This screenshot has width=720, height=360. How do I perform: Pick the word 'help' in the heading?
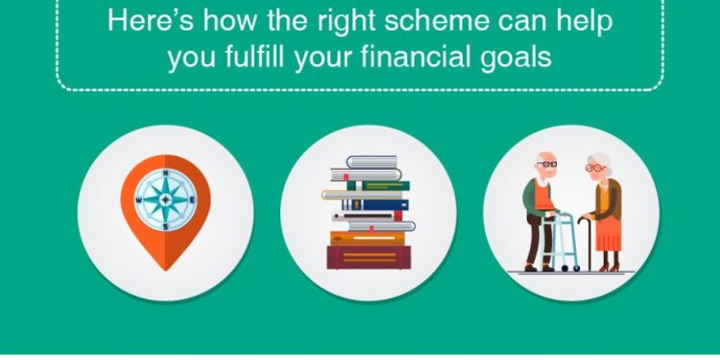tap(587, 20)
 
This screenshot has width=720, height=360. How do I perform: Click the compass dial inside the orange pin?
tap(165, 200)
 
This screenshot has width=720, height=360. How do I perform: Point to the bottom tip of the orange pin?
tap(165, 270)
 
